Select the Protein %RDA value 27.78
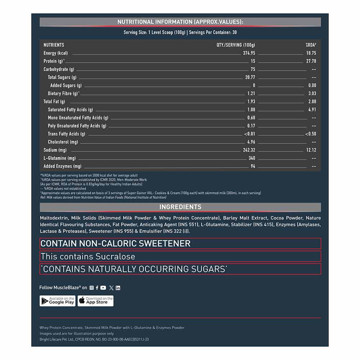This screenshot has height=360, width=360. pyautogui.click(x=311, y=61)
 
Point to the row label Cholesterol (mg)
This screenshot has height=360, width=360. pyautogui.click(x=63, y=142)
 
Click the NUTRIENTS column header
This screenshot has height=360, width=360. pyautogui.click(x=54, y=45)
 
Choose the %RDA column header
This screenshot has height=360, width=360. pyautogui.click(x=311, y=45)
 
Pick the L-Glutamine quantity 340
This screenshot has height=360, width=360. pyautogui.click(x=252, y=158)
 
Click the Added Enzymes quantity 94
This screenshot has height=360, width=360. pyautogui.click(x=253, y=166)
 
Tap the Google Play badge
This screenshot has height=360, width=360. pyautogui.click(x=58, y=301)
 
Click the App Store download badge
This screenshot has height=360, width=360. pyautogui.click(x=95, y=301)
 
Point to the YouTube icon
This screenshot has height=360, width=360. pyautogui.click(x=103, y=288)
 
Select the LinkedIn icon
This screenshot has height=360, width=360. pyautogui.click(x=118, y=288)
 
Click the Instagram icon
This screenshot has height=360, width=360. pyautogui.click(x=91, y=288)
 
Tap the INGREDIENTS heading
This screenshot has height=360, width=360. pyautogui.click(x=180, y=207)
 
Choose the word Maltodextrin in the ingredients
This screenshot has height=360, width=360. pyautogui.click(x=54, y=218)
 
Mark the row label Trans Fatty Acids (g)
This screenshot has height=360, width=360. pyautogui.click(x=67, y=134)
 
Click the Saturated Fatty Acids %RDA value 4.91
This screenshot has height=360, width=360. pyautogui.click(x=312, y=109)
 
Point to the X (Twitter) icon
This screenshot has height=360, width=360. pyautogui.click(x=111, y=288)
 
